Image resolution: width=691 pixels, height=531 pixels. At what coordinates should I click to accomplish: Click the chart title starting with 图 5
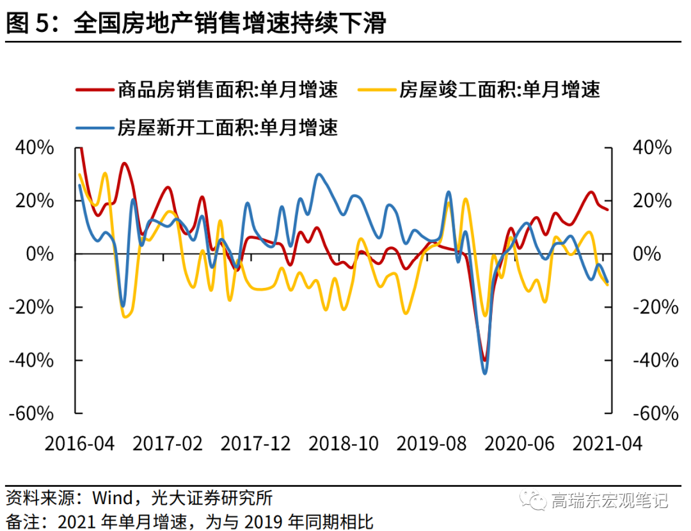click(196, 24)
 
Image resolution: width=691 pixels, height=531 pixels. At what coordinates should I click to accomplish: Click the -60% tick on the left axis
click(31, 413)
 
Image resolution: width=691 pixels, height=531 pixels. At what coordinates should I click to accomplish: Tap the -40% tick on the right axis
click(655, 360)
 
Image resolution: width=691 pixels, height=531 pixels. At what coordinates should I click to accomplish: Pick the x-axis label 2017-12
click(255, 443)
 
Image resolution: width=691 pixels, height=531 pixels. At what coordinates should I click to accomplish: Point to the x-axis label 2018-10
click(344, 443)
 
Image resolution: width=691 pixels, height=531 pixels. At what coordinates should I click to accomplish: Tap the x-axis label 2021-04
click(607, 443)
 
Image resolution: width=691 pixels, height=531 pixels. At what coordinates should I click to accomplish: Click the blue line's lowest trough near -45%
click(484, 372)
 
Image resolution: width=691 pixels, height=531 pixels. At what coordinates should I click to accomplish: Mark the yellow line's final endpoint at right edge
click(607, 284)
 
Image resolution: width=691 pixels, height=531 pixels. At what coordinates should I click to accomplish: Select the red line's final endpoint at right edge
click(607, 209)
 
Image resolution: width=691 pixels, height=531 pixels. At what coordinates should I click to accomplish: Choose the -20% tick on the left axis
click(31, 307)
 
